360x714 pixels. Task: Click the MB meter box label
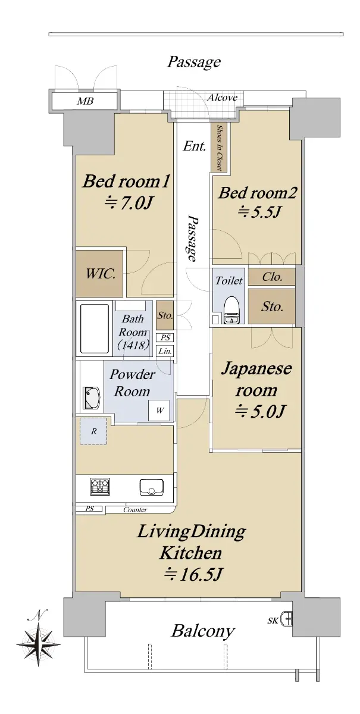[x=85, y=101]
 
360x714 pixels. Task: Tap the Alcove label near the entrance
[x=222, y=97]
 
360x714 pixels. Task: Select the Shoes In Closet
[x=219, y=148]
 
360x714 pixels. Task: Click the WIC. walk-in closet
[x=99, y=274]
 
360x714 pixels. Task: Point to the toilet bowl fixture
[x=231, y=310]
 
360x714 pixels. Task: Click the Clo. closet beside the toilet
[x=272, y=276]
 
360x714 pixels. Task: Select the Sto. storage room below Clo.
[x=272, y=306]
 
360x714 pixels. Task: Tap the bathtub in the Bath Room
[x=95, y=328]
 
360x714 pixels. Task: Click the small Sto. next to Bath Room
[x=165, y=315]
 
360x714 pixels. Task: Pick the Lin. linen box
[x=165, y=351]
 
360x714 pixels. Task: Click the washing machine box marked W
[x=159, y=410]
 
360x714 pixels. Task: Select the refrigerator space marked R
[x=93, y=431]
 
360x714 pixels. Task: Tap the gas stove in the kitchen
[x=100, y=487]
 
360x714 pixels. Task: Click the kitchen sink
[x=152, y=487]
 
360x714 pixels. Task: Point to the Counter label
[x=135, y=510]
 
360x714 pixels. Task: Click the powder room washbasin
[x=92, y=397]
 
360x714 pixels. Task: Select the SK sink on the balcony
[x=286, y=620]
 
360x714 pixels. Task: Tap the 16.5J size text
[x=192, y=574]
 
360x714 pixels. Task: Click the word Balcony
[x=203, y=631]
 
